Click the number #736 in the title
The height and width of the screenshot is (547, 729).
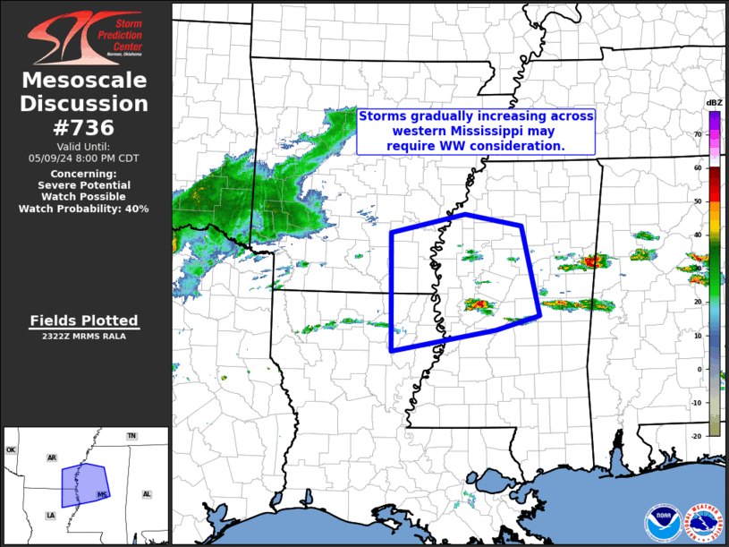point(85,126)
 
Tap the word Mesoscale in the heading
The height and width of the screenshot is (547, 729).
point(85,81)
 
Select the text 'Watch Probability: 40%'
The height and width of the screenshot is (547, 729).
point(84,208)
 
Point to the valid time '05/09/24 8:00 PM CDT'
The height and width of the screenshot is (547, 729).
point(84,158)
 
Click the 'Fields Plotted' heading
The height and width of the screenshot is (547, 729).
point(84,321)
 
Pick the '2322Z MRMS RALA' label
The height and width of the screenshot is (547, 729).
point(84,337)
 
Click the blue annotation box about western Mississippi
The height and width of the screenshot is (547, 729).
point(476,131)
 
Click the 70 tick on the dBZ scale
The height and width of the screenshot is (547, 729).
point(698,134)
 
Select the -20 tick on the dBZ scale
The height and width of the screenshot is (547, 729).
point(697,435)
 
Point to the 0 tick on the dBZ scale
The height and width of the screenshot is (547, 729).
point(698,368)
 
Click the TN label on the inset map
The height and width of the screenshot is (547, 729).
point(131,436)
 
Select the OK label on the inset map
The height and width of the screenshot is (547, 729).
point(12,450)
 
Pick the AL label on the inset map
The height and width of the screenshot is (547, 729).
point(147,494)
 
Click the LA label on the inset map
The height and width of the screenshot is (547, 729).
point(50,516)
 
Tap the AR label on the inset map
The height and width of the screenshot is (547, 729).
point(52,457)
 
